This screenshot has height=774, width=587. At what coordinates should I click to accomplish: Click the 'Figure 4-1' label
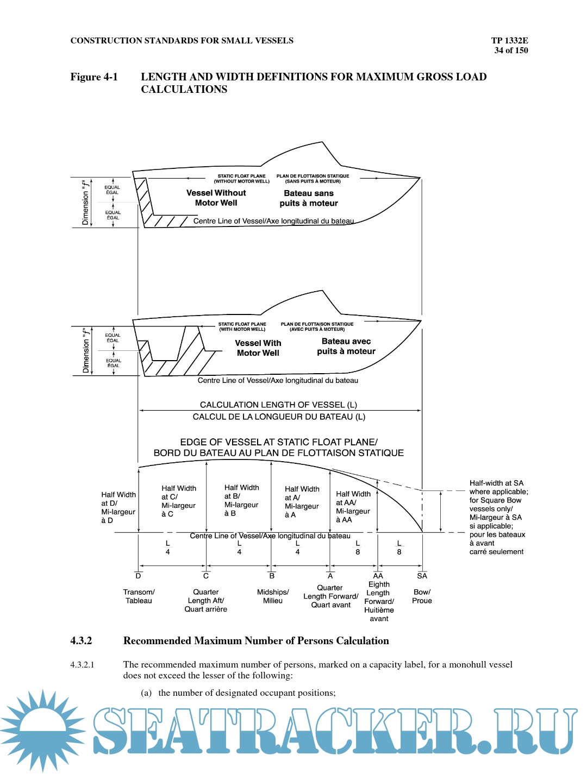(94, 77)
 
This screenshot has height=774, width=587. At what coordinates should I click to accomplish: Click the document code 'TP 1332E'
(509, 40)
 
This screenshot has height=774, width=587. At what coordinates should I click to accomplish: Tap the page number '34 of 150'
(511, 51)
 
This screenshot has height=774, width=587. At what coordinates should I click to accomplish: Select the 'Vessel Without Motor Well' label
(216, 198)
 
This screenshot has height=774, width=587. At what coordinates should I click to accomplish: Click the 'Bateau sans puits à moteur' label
(309, 198)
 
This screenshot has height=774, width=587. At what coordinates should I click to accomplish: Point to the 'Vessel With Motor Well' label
(258, 348)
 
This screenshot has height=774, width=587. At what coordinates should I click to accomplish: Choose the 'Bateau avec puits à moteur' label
(346, 347)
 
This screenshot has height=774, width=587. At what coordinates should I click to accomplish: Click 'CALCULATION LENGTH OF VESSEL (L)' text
(278, 405)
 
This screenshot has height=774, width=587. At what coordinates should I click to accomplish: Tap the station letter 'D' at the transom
(138, 576)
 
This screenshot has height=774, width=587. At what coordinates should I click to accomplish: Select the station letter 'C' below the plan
(206, 576)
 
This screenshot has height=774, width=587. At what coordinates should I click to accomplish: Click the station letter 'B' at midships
(272, 576)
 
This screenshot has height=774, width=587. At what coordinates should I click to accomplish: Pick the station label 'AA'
(378, 576)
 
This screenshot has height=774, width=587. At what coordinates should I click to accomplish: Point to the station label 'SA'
(422, 576)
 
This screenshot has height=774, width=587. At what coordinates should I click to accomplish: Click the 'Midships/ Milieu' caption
(273, 596)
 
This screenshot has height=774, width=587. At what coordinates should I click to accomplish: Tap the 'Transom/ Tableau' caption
(139, 596)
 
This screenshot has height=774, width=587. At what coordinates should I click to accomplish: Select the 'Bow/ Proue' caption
(422, 596)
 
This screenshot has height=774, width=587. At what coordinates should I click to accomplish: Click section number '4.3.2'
(81, 641)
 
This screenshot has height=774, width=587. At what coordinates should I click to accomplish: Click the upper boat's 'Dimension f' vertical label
(85, 202)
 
